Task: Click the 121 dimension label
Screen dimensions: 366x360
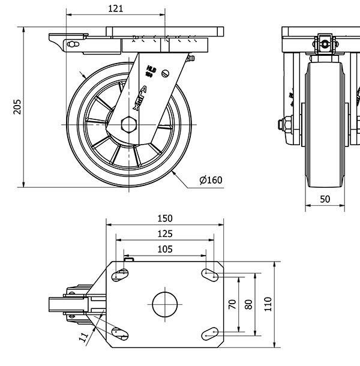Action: [116, 8]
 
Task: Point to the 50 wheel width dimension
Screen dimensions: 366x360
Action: [325, 199]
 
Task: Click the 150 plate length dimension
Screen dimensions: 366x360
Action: [165, 218]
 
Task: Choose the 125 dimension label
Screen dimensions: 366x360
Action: [165, 233]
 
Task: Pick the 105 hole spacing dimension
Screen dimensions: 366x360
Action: [165, 249]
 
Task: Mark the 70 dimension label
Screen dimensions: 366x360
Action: [233, 304]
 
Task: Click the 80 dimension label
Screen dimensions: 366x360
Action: [248, 304]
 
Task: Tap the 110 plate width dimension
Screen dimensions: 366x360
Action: [268, 304]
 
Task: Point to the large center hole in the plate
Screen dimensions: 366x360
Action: [166, 304]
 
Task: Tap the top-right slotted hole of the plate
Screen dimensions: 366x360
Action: [209, 275]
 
